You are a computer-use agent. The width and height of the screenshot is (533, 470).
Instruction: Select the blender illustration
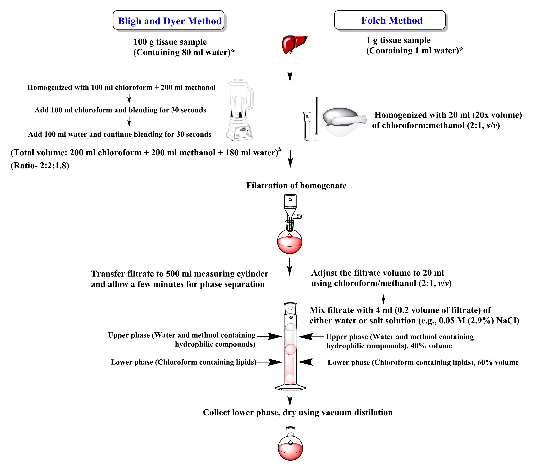pyautogui.click(x=240, y=110)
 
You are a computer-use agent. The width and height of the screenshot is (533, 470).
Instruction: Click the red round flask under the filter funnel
pyautogui.click(x=289, y=243)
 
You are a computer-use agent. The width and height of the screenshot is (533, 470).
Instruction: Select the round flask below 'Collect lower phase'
pyautogui.click(x=290, y=448)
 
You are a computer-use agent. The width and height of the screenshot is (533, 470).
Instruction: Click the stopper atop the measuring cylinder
pyautogui.click(x=290, y=308)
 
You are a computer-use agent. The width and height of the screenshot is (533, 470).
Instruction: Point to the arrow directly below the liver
pyautogui.click(x=290, y=72)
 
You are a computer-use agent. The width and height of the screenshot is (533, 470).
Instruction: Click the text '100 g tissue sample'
pyautogui.click(x=170, y=42)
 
